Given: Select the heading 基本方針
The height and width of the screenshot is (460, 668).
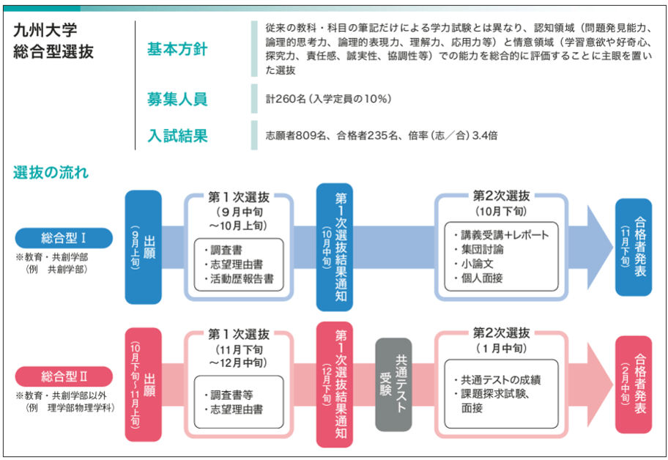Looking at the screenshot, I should pos(177,49).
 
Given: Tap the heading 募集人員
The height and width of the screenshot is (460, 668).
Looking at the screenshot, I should pos(177,99).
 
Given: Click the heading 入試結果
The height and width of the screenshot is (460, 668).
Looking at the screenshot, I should pos(177,136).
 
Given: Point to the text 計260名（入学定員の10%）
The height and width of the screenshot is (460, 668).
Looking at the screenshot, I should pos(329,99).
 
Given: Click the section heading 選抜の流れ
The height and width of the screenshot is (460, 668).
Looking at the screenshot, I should pos(51,174).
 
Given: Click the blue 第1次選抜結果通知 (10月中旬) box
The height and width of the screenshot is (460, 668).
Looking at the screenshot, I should pos(334,247).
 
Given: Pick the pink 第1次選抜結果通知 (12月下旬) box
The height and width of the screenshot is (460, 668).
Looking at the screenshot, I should pos(334,385).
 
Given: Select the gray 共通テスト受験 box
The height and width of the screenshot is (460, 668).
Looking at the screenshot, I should pos(393,385).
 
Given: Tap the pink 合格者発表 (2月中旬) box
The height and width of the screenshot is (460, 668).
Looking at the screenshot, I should pos(634,385).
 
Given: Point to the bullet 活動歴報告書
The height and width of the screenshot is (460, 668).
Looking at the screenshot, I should pos(242,278).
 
